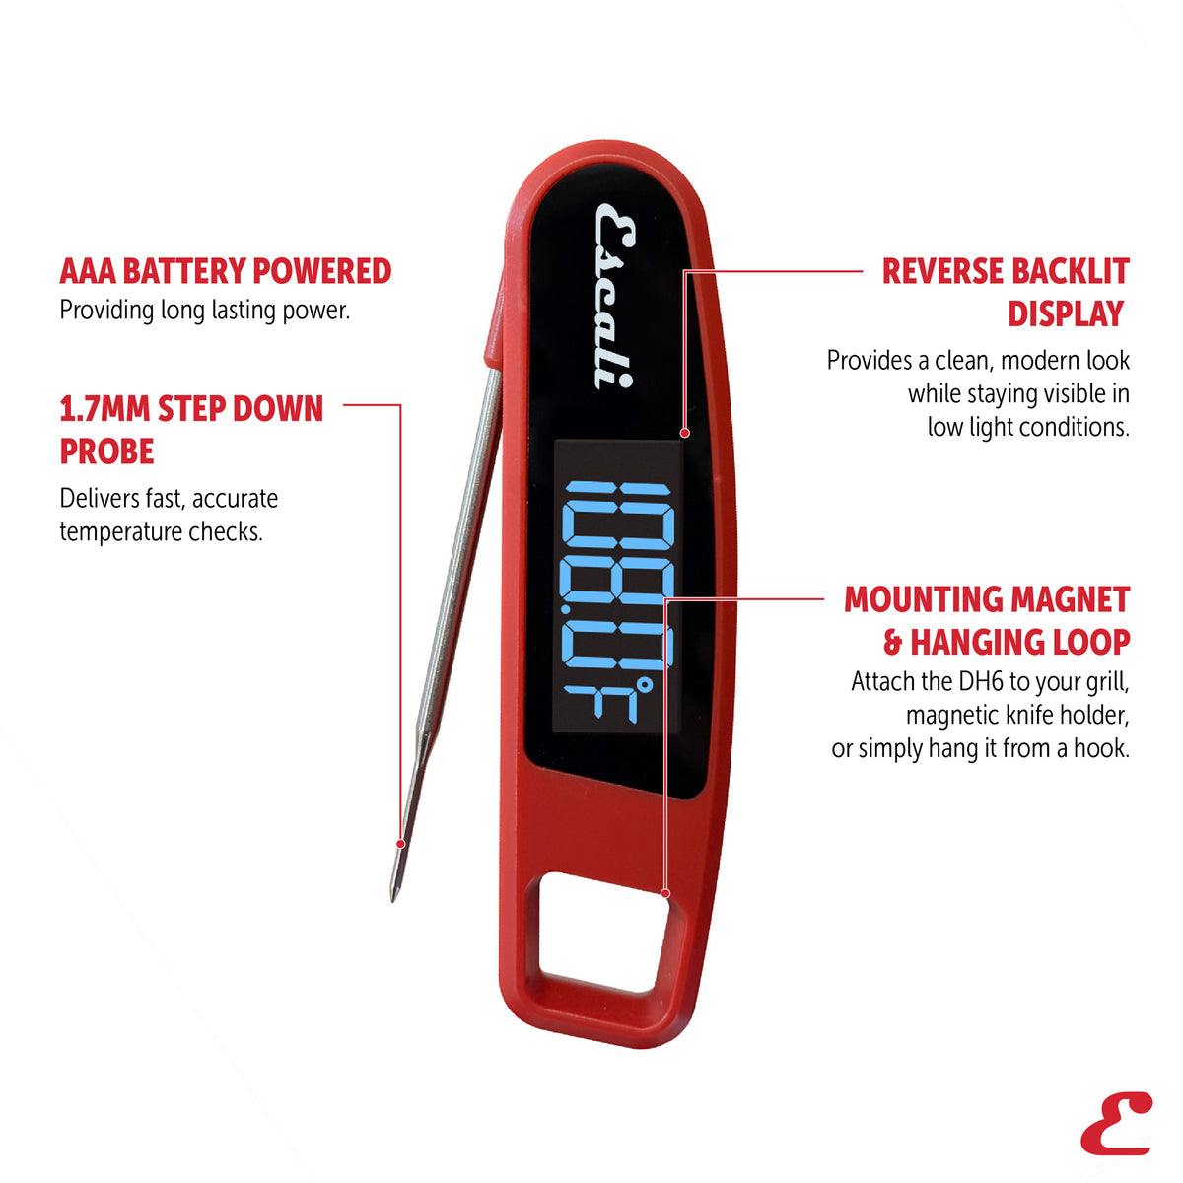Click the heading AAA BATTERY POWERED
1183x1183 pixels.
click(226, 271)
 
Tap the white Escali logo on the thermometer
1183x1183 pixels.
click(614, 297)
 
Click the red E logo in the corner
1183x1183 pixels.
click(1116, 1123)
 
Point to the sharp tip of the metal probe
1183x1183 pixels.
click(393, 900)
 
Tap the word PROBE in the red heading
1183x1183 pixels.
click(106, 452)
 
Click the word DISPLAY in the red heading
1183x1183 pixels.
click(1066, 313)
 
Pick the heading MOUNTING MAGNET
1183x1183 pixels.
click(987, 599)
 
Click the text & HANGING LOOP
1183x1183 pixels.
click(1007, 642)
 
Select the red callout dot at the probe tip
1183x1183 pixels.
click(401, 844)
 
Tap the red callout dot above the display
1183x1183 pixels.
click(685, 433)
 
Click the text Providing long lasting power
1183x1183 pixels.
click(204, 311)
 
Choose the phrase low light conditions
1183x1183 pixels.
click(1028, 427)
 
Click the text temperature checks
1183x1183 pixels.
click(161, 531)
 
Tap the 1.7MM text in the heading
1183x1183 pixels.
click(104, 409)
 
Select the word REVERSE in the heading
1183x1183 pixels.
click(942, 271)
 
